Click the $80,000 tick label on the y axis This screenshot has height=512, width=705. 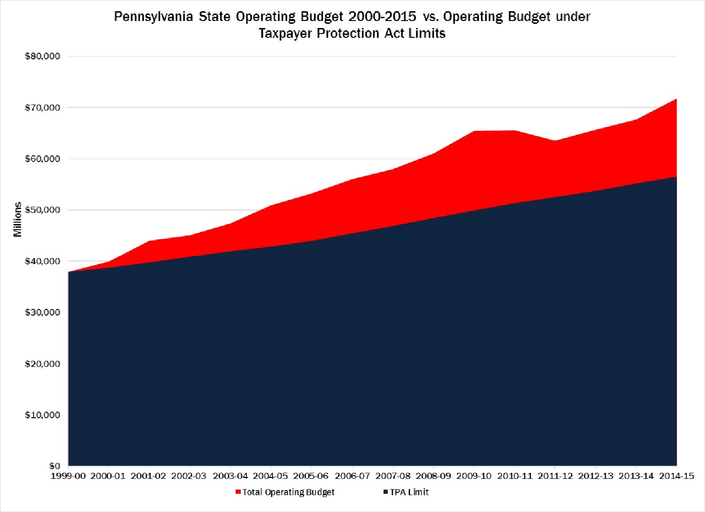tap(42, 56)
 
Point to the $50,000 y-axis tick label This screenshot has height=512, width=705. tap(42, 210)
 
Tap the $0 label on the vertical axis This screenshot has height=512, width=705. tap(55, 466)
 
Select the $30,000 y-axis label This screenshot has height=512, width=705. tap(42, 312)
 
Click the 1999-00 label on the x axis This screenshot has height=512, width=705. tap(68, 476)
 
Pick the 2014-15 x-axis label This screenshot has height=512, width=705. tap(676, 476)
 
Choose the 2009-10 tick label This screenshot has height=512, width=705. tap(474, 476)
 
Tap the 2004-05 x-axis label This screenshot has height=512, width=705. tap(271, 476)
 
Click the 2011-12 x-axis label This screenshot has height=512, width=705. tap(555, 476)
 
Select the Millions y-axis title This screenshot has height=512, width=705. tap(18, 219)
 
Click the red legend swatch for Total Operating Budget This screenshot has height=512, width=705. tap(238, 492)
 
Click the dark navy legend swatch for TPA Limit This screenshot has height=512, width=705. tap(385, 492)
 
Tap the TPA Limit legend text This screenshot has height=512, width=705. tap(409, 492)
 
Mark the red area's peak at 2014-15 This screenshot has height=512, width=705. tap(676, 99)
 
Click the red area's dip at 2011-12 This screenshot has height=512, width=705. tap(555, 141)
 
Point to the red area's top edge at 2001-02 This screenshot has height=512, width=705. tap(149, 241)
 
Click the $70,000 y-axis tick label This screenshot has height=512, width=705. tap(42, 108)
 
